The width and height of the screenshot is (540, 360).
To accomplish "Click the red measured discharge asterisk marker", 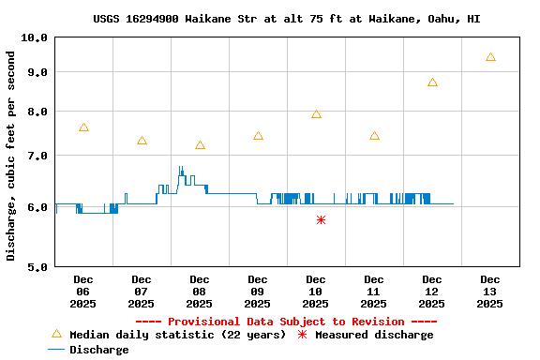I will (x=321, y=219).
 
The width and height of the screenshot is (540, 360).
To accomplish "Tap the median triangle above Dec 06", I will (x=83, y=127).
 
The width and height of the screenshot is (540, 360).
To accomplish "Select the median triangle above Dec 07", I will (x=142, y=141).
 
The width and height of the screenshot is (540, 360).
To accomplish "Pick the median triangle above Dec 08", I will (x=200, y=145).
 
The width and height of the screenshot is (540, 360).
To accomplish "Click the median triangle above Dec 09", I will (x=258, y=136).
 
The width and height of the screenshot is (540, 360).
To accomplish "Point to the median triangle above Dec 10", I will (x=316, y=114).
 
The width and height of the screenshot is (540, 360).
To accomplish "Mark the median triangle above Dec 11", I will (x=374, y=136).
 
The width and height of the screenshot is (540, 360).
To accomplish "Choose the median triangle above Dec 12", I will (x=432, y=82).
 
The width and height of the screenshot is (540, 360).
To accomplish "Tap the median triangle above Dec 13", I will (x=490, y=57).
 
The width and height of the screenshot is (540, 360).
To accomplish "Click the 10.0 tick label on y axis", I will (x=34, y=37).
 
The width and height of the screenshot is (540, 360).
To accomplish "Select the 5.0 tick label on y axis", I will (x=37, y=267).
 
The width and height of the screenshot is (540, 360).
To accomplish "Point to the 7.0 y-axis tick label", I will (x=37, y=156).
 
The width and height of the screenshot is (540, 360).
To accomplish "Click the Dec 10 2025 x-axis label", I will (x=316, y=291).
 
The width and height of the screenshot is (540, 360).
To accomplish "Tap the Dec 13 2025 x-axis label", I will (x=490, y=291).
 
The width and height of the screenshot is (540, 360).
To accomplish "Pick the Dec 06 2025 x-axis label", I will (x=83, y=291).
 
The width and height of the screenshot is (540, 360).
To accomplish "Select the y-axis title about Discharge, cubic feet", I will (x=11, y=156).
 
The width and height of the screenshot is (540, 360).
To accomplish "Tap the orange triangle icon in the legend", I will (x=56, y=334).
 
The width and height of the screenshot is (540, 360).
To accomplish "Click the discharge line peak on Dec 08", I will (x=181, y=168).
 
